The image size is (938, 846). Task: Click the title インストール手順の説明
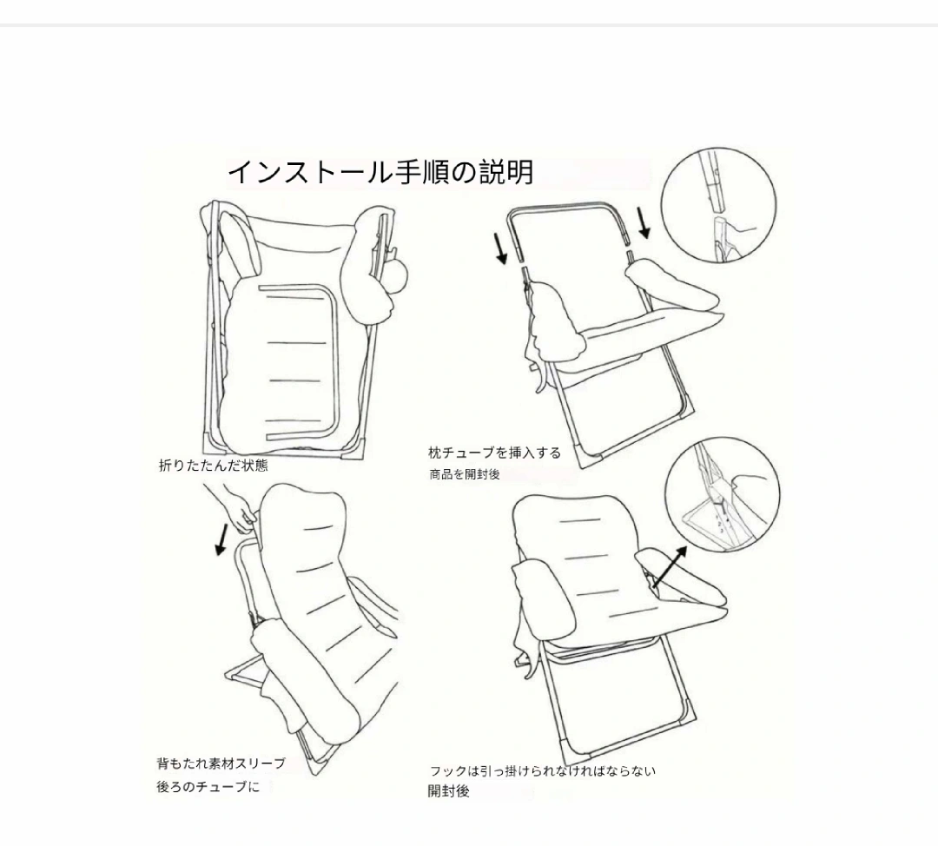pyautogui.click(x=380, y=172)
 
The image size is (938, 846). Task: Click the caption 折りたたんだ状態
pyautogui.click(x=214, y=466)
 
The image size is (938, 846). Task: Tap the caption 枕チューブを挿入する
pyautogui.click(x=495, y=453)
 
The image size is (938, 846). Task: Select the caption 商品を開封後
pyautogui.click(x=464, y=474)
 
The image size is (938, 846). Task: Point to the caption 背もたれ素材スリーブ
pyautogui.click(x=221, y=763)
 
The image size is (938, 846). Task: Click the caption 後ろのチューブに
pyautogui.click(x=208, y=787)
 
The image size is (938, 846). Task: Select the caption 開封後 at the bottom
pyautogui.click(x=449, y=791)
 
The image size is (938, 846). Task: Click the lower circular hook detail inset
pyautogui.click(x=723, y=495)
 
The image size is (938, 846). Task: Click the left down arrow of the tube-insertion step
pyautogui.click(x=501, y=249)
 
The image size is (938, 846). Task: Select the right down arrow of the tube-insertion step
pyautogui.click(x=644, y=222)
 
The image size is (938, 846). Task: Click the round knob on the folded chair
pyautogui.click(x=397, y=274)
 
